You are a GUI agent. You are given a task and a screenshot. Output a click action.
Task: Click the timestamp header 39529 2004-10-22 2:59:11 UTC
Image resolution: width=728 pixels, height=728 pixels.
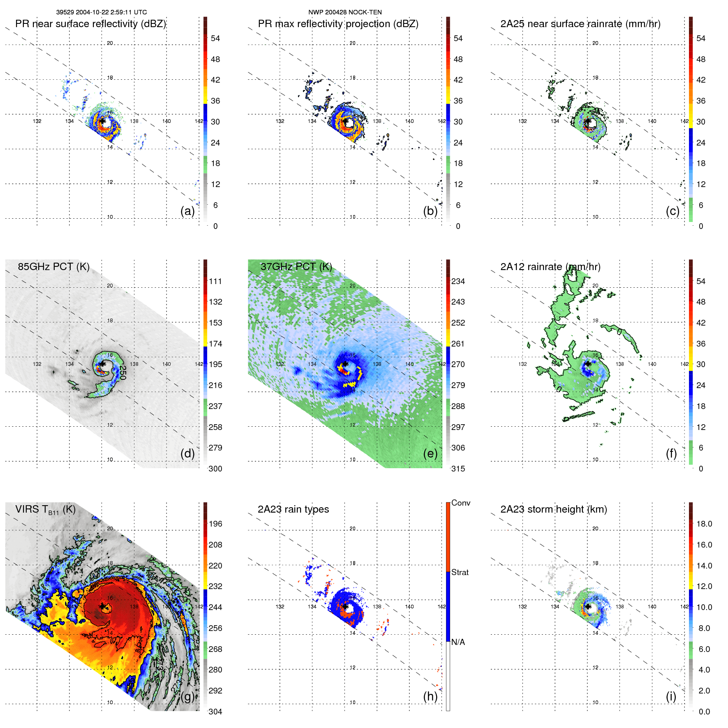tap(101, 12)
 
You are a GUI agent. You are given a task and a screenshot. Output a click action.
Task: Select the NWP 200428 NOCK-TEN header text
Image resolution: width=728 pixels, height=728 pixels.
tap(345, 12)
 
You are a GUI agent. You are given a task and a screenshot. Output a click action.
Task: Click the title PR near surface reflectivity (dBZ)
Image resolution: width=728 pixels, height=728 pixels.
tap(90, 24)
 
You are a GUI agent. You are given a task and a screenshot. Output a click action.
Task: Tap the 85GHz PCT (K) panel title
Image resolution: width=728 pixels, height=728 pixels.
tap(53, 267)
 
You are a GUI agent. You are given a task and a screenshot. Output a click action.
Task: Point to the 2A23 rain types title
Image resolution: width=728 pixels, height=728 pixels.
tap(293, 509)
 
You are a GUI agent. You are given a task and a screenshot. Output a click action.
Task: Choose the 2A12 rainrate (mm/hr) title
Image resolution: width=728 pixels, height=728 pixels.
tap(550, 267)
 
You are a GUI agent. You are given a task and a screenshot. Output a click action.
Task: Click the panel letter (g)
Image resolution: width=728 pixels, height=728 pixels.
tap(187, 696)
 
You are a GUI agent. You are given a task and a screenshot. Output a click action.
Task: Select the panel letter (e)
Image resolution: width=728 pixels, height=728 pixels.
tap(430, 453)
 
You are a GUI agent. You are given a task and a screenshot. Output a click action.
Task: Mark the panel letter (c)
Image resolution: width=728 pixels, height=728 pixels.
tap(673, 211)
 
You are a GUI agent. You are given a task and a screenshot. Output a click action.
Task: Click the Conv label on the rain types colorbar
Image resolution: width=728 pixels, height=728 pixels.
tap(461, 503)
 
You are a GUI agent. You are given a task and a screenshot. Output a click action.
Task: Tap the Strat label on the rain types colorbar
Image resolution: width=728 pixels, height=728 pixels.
tap(460, 572)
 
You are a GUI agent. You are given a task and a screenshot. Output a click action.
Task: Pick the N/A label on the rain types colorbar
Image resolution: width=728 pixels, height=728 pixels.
tap(458, 642)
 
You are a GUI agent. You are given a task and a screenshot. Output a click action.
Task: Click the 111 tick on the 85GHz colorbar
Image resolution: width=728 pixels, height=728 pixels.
tap(215, 281)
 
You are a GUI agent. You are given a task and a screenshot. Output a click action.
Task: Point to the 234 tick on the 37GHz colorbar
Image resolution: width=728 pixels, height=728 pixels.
tap(458, 281)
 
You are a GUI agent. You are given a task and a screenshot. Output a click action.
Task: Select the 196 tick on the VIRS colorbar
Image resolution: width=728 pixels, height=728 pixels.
tap(215, 524)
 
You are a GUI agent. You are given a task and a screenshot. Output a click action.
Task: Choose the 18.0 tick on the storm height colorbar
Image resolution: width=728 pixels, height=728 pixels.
tap(704, 524)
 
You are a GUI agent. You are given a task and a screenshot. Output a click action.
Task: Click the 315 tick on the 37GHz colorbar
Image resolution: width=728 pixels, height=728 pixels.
tap(458, 469)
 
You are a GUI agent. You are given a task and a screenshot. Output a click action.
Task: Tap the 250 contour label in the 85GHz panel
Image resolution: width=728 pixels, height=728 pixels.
tap(122, 372)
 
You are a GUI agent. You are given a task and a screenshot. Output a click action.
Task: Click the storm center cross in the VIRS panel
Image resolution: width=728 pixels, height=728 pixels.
tap(102, 606)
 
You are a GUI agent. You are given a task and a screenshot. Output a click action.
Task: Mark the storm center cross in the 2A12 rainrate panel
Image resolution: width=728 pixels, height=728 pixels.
tap(588, 364)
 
